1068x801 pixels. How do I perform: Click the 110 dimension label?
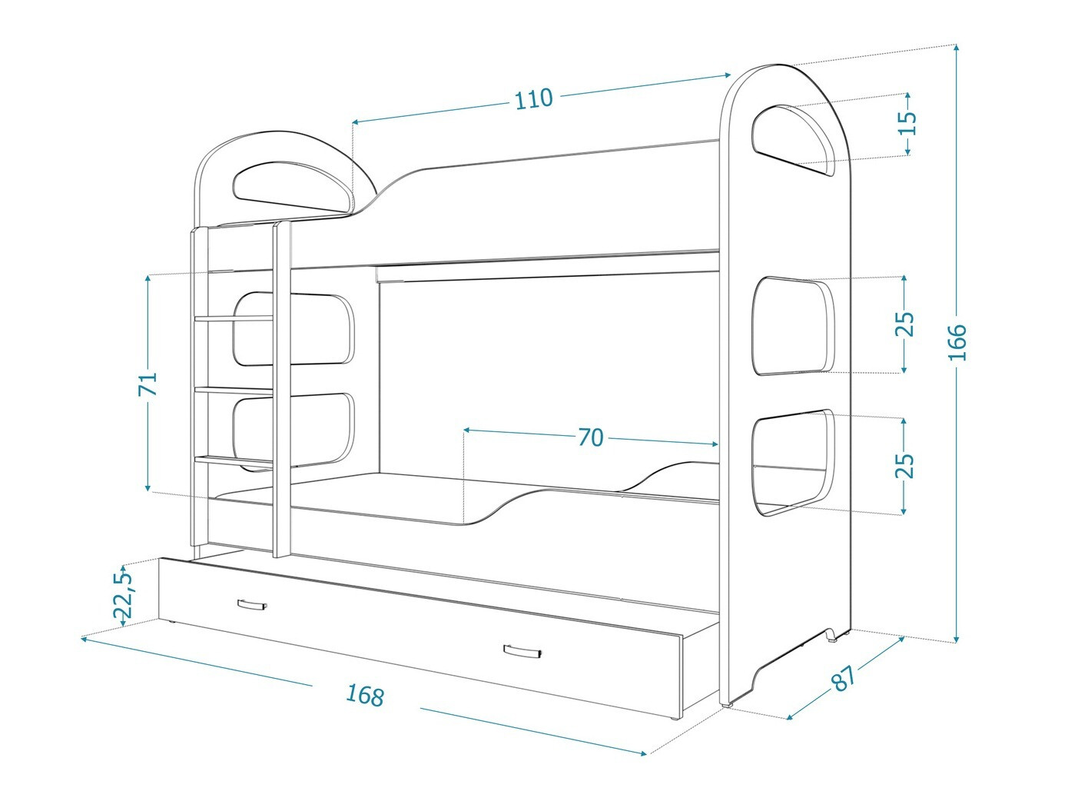pyautogui.click(x=533, y=98)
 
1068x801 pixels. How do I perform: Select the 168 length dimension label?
pyautogui.click(x=364, y=695)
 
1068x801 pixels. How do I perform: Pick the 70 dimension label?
pyautogui.click(x=590, y=437)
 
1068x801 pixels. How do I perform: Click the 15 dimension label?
pyautogui.click(x=907, y=123)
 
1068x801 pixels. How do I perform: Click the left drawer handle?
pyautogui.click(x=251, y=605)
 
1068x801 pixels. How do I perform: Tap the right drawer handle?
pyautogui.click(x=523, y=652)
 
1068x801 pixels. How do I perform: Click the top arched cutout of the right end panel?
pyautogui.click(x=794, y=140)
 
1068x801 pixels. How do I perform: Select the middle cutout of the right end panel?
pyautogui.click(x=794, y=326)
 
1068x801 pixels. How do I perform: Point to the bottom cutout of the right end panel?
pyautogui.click(x=794, y=461)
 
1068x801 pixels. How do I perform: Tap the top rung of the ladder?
pyautogui.click(x=234, y=317)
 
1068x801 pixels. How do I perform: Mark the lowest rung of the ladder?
pyautogui.click(x=234, y=460)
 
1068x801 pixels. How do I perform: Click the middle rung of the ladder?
pyautogui.click(x=234, y=391)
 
